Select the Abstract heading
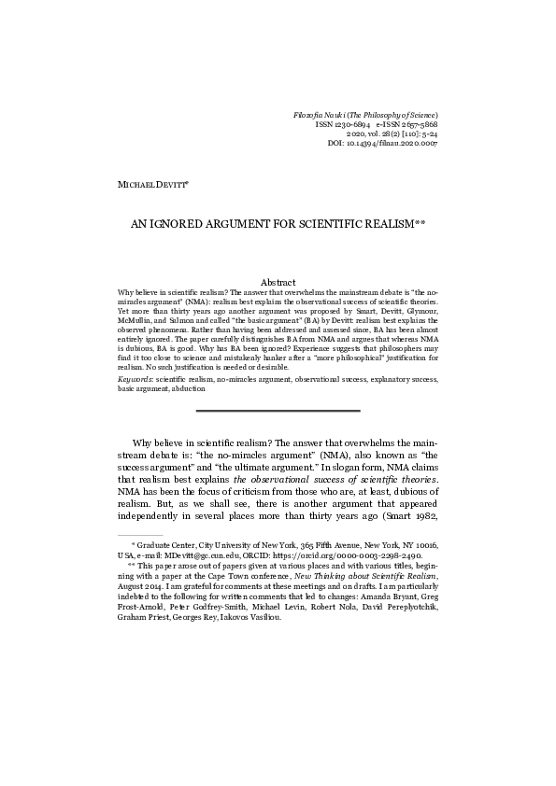[278, 282]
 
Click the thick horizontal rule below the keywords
[278, 411]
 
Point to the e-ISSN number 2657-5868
[416, 124]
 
